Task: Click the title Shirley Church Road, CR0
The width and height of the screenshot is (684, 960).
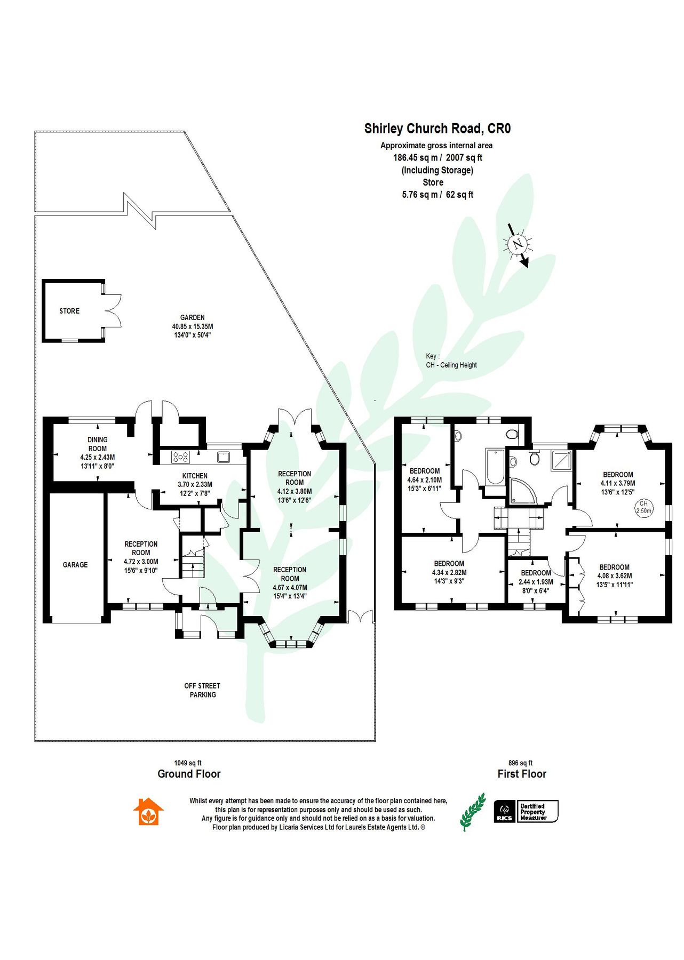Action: tap(437, 129)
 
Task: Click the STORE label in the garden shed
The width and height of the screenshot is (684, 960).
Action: tap(69, 311)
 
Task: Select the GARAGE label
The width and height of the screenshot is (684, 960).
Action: tap(75, 565)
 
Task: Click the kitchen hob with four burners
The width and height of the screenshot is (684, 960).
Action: tap(180, 457)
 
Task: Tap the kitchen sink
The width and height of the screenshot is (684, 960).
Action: tap(223, 457)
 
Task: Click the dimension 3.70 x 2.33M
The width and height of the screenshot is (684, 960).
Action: tap(195, 485)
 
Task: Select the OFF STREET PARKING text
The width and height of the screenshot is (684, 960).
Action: tap(202, 690)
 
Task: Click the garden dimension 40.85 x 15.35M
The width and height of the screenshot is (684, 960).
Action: tap(192, 326)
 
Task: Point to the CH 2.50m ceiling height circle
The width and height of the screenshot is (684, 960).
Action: tap(643, 507)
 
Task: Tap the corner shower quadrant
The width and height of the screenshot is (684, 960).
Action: tap(521, 491)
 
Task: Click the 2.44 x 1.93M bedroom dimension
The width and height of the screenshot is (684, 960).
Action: tap(536, 582)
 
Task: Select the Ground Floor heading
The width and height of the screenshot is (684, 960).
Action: tap(189, 774)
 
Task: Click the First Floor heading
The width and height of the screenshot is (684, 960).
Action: tap(522, 774)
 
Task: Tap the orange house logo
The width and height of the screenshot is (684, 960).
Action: tap(148, 812)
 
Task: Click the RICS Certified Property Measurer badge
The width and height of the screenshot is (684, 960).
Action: tap(526, 811)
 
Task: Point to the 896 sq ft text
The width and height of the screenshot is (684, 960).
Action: tap(520, 763)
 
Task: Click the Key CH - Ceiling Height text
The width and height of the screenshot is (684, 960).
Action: tap(451, 361)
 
